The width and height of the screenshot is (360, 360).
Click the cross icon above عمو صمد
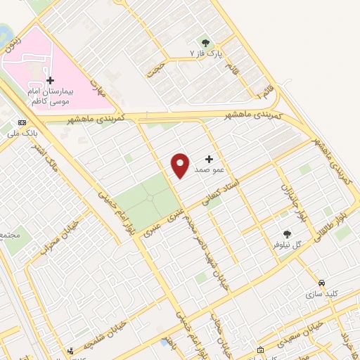(209, 160)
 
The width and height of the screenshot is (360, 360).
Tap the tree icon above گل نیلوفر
(287, 235)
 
